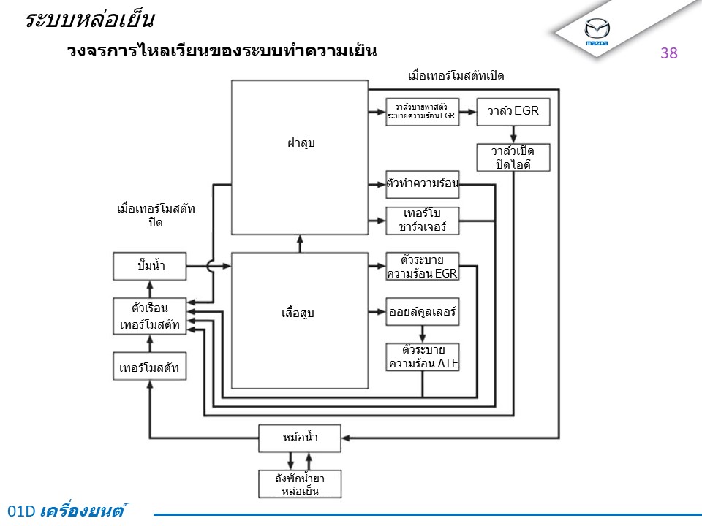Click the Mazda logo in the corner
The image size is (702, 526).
(x=597, y=31)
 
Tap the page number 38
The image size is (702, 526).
(x=669, y=53)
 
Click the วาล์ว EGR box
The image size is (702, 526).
(x=513, y=111)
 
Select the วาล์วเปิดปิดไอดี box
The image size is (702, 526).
(x=513, y=157)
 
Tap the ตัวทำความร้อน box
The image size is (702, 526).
(x=423, y=183)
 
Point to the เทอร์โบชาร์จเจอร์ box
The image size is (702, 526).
(x=423, y=220)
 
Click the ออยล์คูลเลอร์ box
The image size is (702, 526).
(x=423, y=312)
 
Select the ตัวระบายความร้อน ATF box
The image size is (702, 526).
(x=423, y=357)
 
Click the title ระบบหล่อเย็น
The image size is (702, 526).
(x=89, y=20)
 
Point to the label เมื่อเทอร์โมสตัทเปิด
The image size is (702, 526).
(x=456, y=76)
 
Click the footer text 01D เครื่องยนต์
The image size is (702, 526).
(x=71, y=511)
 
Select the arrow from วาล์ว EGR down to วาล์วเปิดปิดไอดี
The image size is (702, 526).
(x=513, y=134)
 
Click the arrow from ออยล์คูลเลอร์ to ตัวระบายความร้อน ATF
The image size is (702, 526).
(x=423, y=334)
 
